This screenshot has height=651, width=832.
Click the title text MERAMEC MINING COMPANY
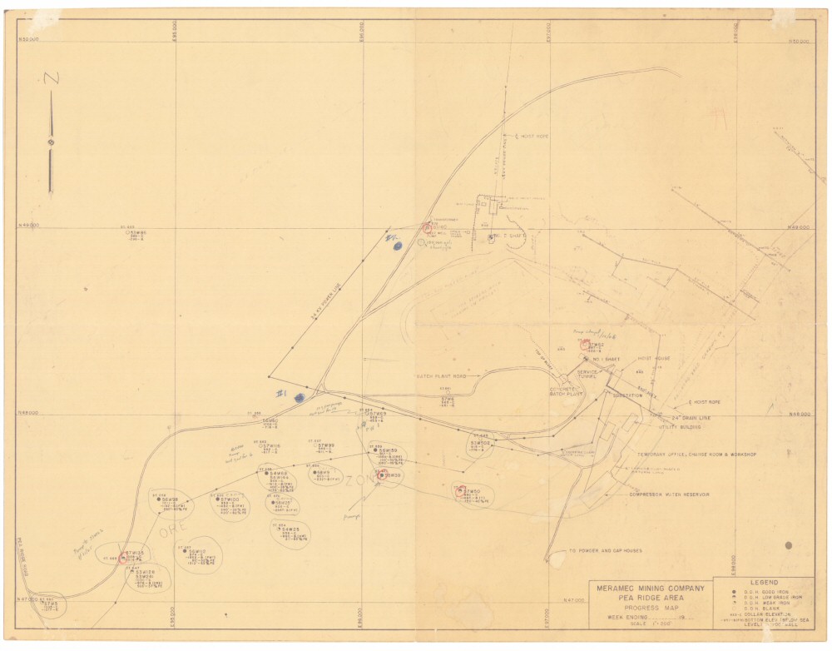click(x=650, y=589)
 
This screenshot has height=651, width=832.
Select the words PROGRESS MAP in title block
click(x=649, y=607)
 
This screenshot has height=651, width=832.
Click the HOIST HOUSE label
click(x=654, y=360)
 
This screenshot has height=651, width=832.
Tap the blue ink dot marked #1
click(x=297, y=397)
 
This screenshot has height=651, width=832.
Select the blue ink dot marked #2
click(x=397, y=245)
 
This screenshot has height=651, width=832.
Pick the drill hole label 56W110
click(x=197, y=552)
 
